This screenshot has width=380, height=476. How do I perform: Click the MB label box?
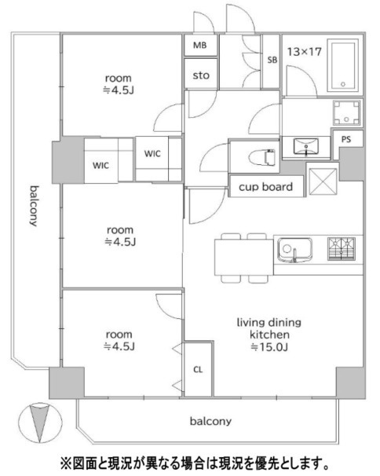(201, 46)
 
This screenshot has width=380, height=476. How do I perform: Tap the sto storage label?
(201, 75)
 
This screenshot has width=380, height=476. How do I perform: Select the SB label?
(272, 60)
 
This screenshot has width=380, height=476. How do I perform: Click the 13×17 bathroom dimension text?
(304, 52)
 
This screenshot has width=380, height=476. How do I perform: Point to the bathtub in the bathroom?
(343, 65)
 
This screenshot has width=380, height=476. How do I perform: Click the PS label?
(346, 139)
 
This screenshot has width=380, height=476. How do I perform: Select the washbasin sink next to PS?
(305, 146)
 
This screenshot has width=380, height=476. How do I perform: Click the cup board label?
(266, 187)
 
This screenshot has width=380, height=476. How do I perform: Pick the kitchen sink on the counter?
(294, 250)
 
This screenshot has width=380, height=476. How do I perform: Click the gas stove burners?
(342, 249)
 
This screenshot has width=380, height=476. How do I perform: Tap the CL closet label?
(198, 369)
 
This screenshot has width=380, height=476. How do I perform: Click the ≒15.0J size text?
(269, 346)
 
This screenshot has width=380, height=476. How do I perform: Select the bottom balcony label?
(210, 421)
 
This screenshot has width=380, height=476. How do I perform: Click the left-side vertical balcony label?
(34, 206)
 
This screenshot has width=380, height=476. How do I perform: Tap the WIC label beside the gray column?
(100, 166)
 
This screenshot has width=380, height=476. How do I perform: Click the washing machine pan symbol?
(346, 112)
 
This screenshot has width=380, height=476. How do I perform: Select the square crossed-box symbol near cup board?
(323, 181)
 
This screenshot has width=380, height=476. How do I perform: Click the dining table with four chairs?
(244, 258)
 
